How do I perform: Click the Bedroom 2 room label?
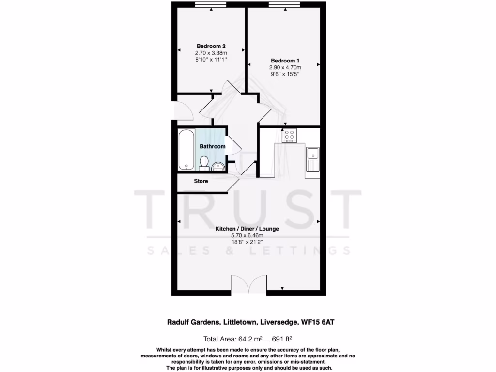point(211,46)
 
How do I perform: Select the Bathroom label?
point(213,146)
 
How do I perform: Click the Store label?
point(201,181)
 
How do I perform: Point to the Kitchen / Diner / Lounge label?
point(248,229)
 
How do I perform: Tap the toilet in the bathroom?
point(204,163)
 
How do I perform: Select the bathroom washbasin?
point(218,167)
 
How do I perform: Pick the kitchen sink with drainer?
point(312,160)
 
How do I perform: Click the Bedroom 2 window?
point(211,5)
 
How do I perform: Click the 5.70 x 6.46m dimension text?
point(247,236)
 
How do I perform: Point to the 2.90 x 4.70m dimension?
point(285,68)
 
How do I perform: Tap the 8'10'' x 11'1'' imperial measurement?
point(211,59)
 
